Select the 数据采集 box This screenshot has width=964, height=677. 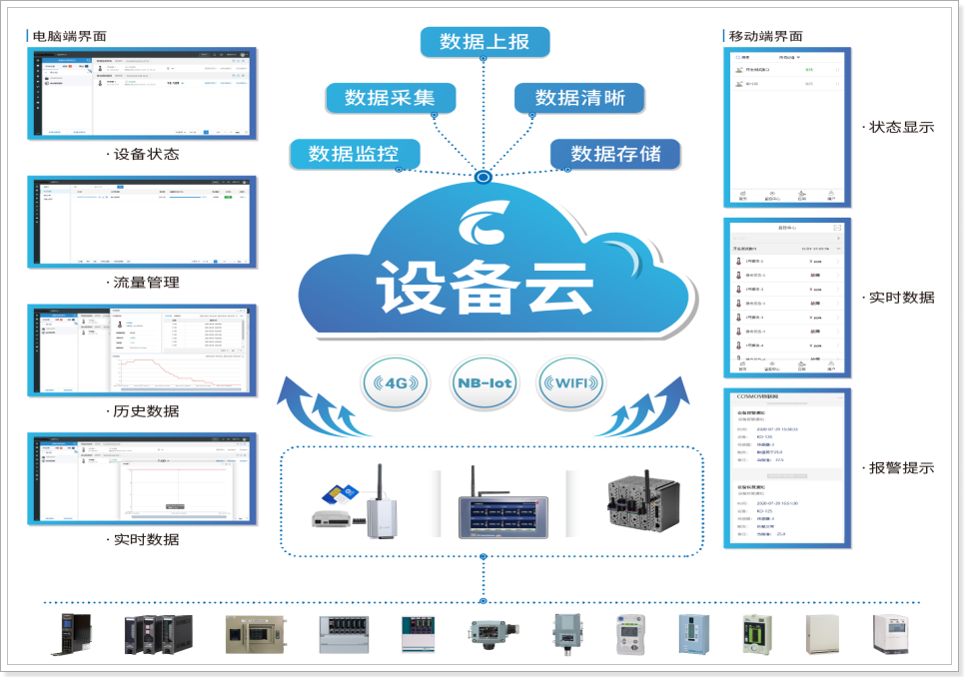[390, 98]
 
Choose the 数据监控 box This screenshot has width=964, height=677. [354, 154]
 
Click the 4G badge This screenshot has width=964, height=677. [398, 383]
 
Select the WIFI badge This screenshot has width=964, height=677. [570, 383]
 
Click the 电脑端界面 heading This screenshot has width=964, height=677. [69, 36]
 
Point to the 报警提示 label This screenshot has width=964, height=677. [901, 467]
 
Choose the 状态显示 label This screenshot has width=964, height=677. [901, 127]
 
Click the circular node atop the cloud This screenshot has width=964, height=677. [483, 178]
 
